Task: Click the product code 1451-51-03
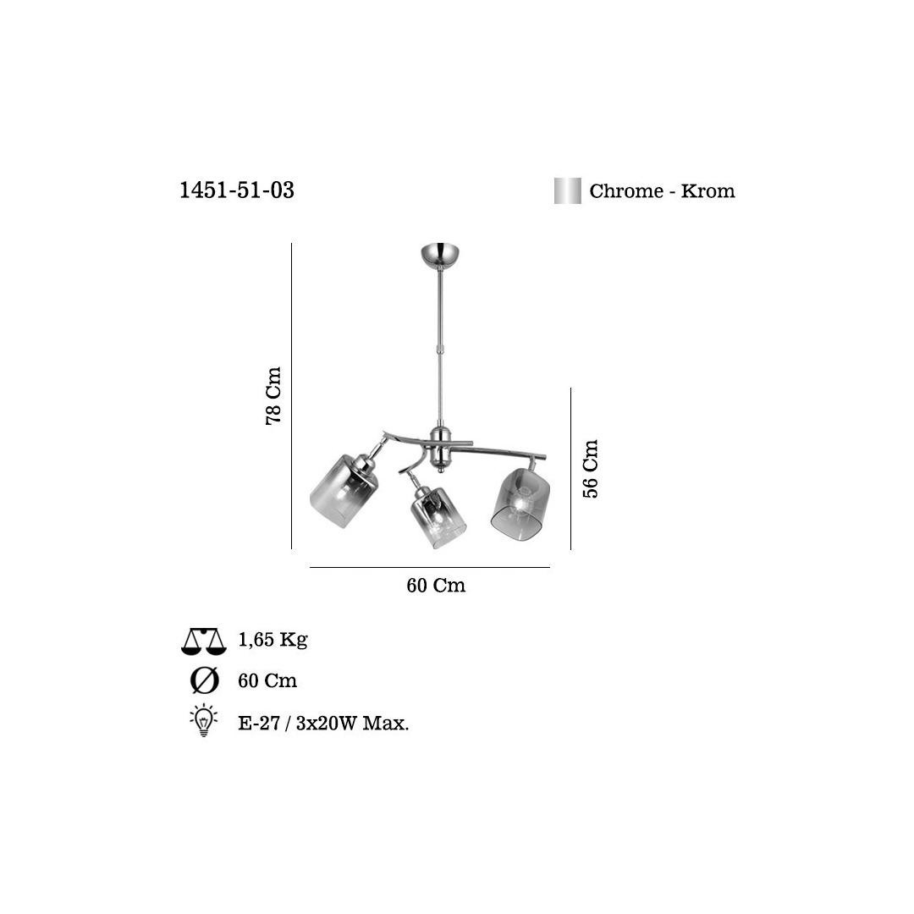click(x=237, y=190)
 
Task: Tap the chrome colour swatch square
click(x=567, y=190)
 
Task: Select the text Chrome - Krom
click(x=662, y=191)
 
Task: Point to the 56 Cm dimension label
click(x=591, y=468)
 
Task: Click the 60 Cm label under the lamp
click(x=436, y=586)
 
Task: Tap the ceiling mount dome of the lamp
click(x=440, y=253)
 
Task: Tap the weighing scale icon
click(x=204, y=641)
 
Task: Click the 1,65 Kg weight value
click(x=273, y=640)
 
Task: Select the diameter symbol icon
click(x=205, y=680)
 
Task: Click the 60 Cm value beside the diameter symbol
click(x=267, y=680)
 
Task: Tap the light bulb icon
click(x=203, y=721)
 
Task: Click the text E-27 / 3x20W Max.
click(x=323, y=723)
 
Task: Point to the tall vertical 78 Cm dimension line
click(x=291, y=396)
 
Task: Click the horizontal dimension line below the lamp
click(x=429, y=567)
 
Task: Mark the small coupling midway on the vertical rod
click(x=439, y=349)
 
